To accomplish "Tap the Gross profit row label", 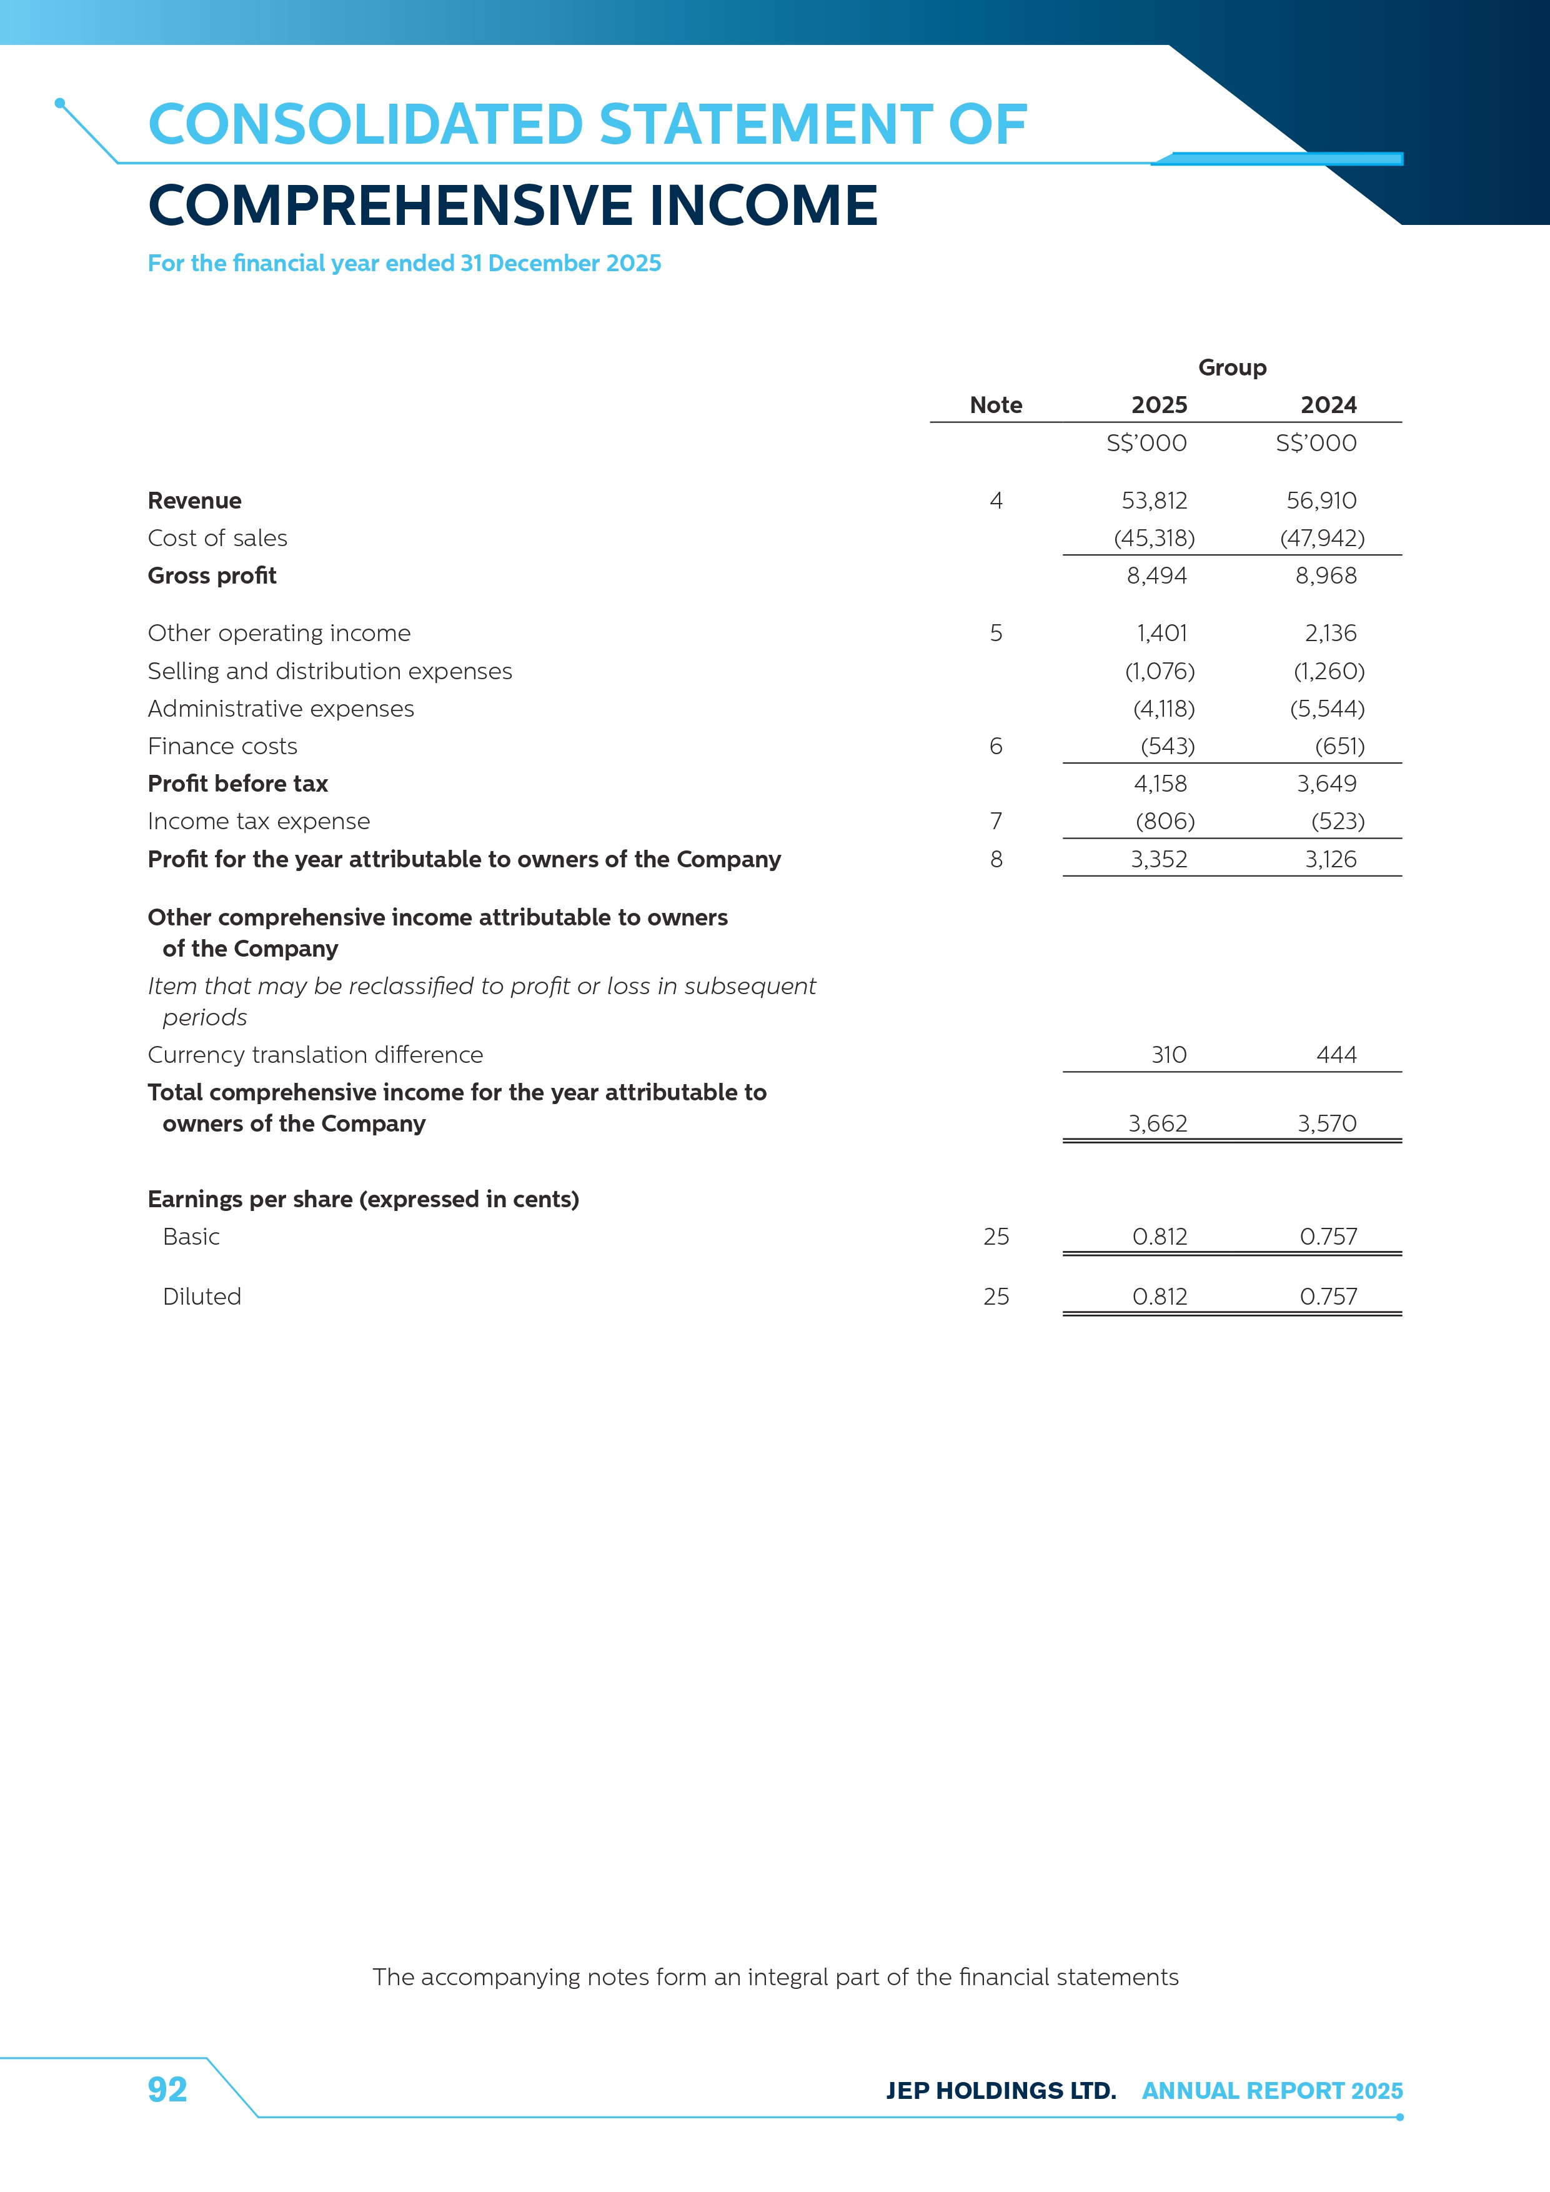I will [x=212, y=575].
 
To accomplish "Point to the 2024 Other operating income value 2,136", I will [x=1331, y=633].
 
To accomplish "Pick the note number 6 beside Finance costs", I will [x=995, y=747].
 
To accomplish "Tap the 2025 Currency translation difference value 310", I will [x=1168, y=1055].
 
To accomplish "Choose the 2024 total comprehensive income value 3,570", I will [x=1327, y=1123].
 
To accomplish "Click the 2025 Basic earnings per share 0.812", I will [x=1160, y=1237].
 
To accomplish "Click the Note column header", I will [x=995, y=405].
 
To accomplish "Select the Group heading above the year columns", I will [x=1232, y=367].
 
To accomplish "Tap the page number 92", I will [x=167, y=2090].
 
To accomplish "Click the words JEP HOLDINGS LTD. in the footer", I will [x=1000, y=2091].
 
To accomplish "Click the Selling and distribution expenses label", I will [x=329, y=671].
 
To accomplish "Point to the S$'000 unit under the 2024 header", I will [x=1316, y=443].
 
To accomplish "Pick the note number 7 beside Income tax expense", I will [x=995, y=821].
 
